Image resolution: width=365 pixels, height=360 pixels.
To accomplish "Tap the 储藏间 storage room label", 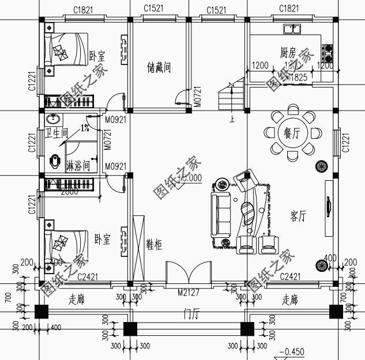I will pyautogui.click(x=159, y=68).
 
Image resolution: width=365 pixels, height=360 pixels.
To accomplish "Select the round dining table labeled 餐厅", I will pyautogui.click(x=292, y=133).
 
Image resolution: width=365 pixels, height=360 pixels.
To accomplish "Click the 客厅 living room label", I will pyautogui.click(x=298, y=216).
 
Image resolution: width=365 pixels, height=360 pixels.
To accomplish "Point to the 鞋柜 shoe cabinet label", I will pyautogui.click(x=153, y=245).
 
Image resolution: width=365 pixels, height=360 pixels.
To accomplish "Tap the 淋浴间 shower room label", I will pyautogui.click(x=78, y=166).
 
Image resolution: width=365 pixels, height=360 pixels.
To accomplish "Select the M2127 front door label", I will pyautogui.click(x=188, y=293).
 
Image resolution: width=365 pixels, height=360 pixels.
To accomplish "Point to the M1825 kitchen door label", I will pyautogui.click(x=297, y=77).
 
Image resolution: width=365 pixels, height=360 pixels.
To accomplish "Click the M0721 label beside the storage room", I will pyautogui.click(x=197, y=95).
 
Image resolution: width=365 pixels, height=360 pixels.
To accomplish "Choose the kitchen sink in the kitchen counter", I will pyautogui.click(x=293, y=28).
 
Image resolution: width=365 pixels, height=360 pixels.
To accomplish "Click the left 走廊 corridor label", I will pyautogui.click(x=77, y=300).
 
